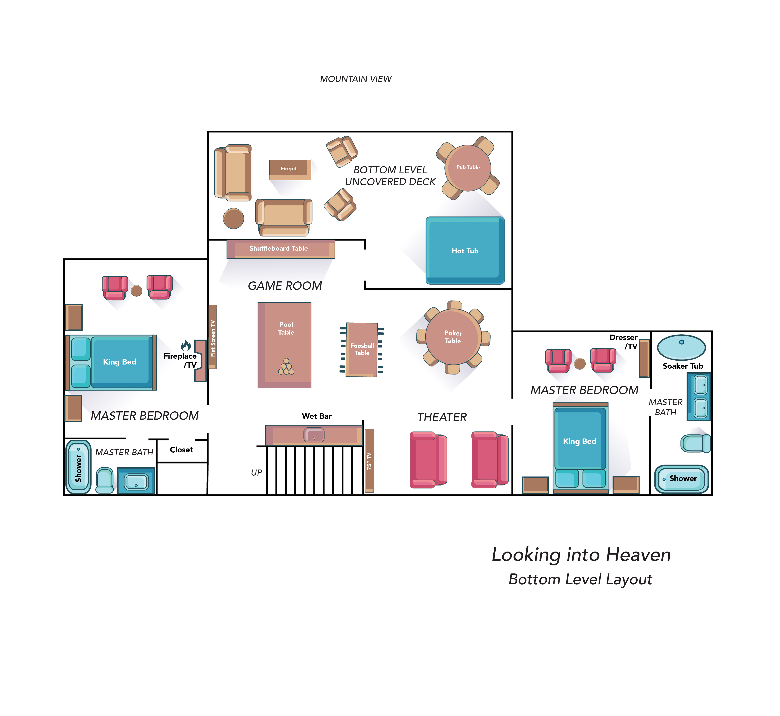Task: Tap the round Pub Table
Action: [468, 168]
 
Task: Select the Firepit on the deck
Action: [290, 169]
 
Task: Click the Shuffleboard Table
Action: [280, 249]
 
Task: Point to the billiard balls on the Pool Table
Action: [286, 367]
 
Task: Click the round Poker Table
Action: [453, 337]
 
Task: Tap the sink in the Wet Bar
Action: [314, 435]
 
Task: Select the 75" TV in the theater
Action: [369, 460]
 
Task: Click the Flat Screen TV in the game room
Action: [212, 337]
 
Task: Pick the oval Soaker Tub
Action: [681, 347]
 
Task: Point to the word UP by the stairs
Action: [256, 473]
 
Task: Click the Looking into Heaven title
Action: [581, 555]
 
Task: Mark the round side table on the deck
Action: [233, 218]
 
